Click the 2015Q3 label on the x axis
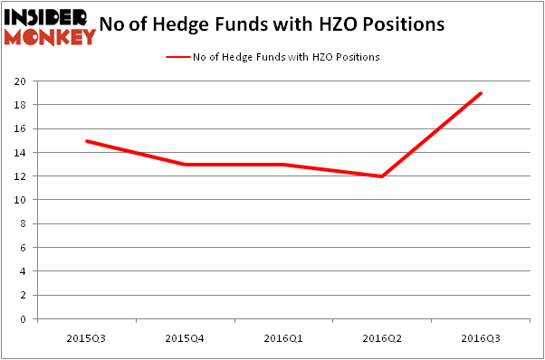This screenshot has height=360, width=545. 87,337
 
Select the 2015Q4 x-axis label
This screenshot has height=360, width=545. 186,337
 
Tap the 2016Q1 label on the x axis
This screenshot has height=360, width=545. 283,337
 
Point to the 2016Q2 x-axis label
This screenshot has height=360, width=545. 382,337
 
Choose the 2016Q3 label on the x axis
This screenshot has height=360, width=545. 480,337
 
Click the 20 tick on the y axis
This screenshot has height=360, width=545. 20,81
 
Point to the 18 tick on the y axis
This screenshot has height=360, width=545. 20,105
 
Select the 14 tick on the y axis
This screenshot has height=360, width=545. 20,153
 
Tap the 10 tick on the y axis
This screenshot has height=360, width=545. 20,200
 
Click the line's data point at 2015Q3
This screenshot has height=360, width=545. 87,141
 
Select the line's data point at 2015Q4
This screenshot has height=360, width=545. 186,165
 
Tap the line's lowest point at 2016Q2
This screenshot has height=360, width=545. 382,176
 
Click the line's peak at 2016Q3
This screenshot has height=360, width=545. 480,93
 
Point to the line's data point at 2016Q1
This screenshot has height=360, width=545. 283,165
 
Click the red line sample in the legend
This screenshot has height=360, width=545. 177,57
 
